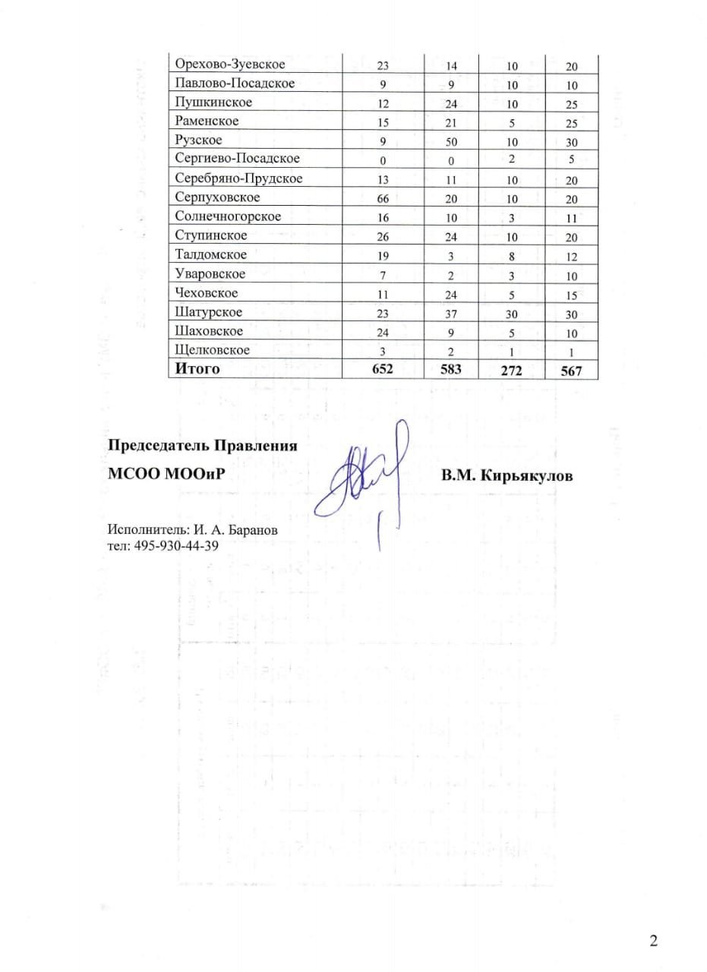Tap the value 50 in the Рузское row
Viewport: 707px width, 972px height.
pos(451,142)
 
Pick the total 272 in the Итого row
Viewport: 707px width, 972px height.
pos(513,371)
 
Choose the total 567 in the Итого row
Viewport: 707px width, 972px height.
pos(572,371)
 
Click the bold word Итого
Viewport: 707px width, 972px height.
pos(197,369)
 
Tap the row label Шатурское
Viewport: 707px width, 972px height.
pos(208,312)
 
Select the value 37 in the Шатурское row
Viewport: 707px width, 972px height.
pos(451,313)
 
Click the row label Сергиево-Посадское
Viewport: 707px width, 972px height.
pos(237,159)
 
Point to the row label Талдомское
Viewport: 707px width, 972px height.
pos(210,254)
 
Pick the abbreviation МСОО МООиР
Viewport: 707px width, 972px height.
pos(167,475)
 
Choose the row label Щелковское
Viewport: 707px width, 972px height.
pos(212,350)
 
